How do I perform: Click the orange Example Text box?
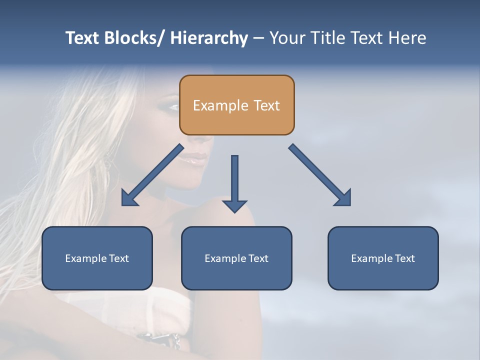point(236,105)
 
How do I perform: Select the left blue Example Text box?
point(97,258)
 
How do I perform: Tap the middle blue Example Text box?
point(236,258)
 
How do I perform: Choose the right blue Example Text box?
point(383,258)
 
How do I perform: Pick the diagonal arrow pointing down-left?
point(152,175)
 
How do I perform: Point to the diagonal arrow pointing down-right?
point(320,175)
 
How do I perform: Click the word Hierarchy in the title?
point(209,38)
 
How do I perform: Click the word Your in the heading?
point(287,38)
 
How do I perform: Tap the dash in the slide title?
point(258,38)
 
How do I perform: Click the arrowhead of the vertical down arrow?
point(234,206)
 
